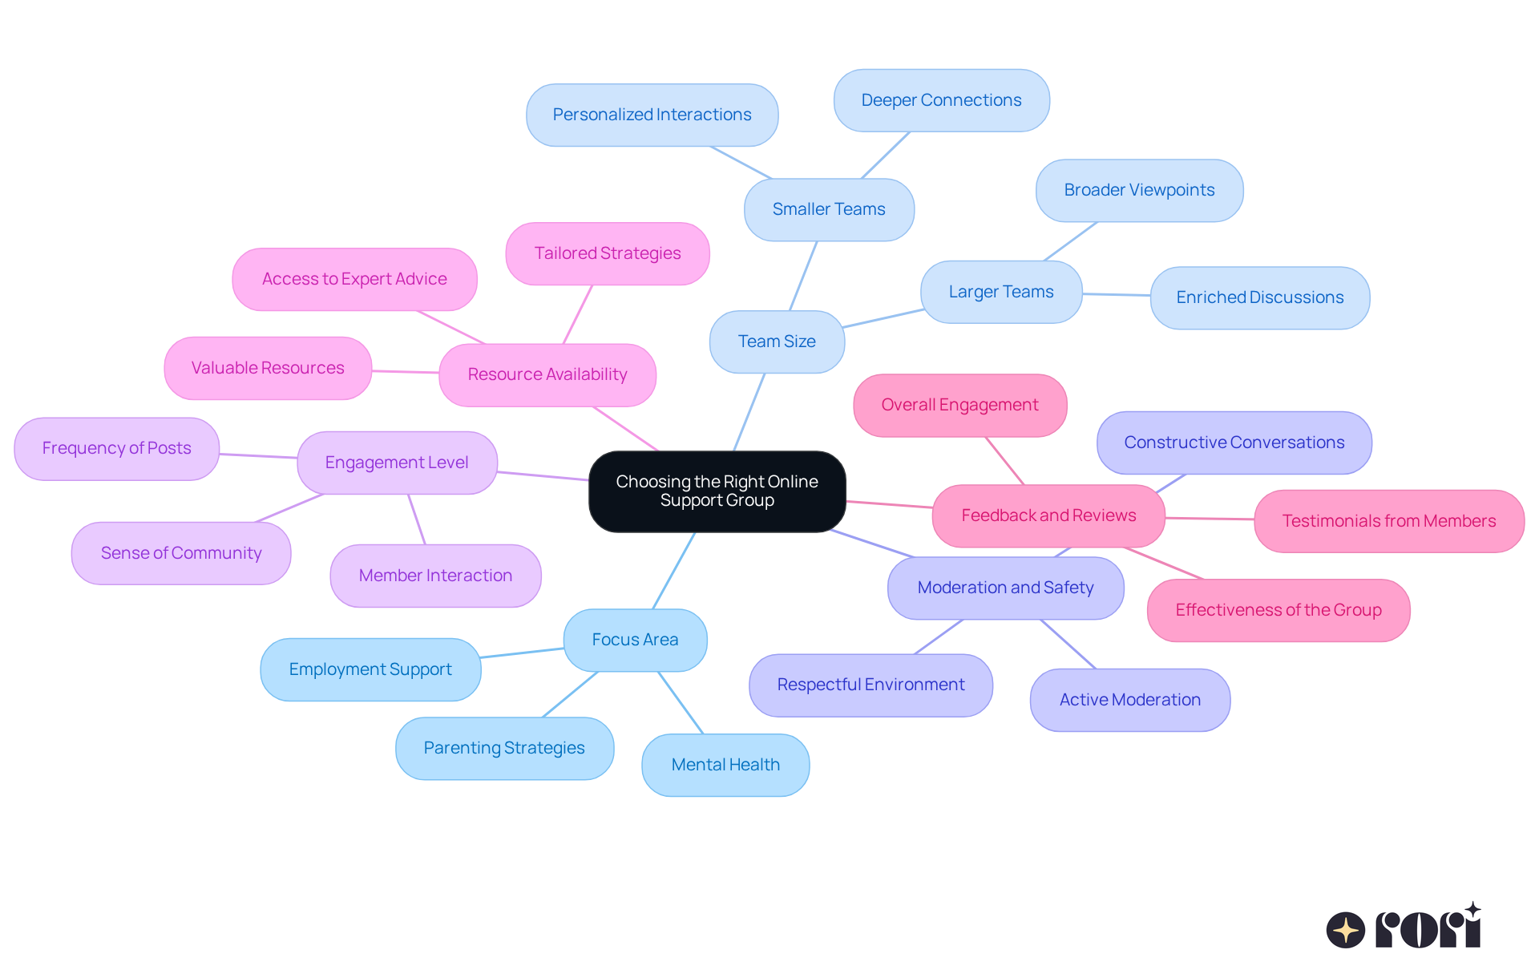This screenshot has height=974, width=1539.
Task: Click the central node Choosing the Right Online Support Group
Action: pos(717,491)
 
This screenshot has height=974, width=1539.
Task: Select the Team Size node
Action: pos(776,342)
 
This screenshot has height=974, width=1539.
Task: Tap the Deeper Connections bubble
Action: pos(941,100)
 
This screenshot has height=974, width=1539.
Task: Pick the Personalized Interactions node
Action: pos(652,115)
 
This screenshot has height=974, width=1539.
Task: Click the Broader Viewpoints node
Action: pos(1138,190)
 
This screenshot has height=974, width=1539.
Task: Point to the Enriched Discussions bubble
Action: pos(1259,297)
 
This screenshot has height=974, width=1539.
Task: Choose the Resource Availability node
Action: pos(547,374)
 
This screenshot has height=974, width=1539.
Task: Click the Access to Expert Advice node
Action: pos(354,279)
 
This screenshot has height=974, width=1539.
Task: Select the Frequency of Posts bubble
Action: pos(116,448)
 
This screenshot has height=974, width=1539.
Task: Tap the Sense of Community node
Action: pos(181,553)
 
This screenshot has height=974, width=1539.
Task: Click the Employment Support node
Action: pos(370,669)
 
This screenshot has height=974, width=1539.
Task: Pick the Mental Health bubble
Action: pos(725,765)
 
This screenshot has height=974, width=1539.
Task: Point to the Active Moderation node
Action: pos(1129,700)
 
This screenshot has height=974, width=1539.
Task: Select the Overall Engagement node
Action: pos(959,405)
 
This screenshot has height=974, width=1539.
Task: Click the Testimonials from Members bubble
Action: pos(1388,521)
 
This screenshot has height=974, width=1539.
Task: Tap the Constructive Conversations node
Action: pos(1234,443)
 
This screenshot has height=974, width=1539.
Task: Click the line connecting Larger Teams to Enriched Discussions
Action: pos(1116,295)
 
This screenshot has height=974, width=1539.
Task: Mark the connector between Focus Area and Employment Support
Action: pos(522,653)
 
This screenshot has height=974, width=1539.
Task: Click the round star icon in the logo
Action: pos(1345,930)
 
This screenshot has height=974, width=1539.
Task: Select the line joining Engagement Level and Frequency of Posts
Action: pos(258,456)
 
